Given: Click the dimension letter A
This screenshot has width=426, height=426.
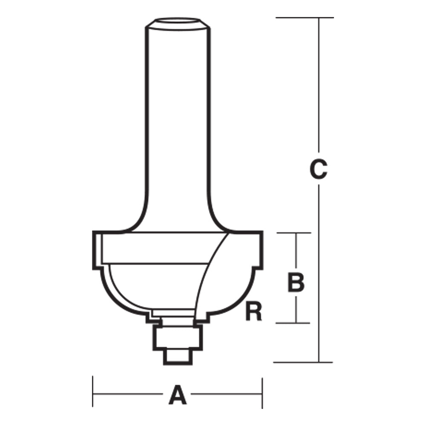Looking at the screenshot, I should [x=178, y=395].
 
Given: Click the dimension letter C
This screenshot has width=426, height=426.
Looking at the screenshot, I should [x=318, y=169].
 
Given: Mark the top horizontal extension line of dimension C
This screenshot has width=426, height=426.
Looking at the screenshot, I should [x=304, y=18].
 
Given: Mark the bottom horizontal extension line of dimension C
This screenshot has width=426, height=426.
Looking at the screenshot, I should [x=302, y=362].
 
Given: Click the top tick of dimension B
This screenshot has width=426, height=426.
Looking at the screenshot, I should [x=296, y=233].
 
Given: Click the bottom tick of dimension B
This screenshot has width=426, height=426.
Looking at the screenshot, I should [x=296, y=322].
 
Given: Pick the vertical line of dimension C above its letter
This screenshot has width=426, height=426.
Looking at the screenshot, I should [x=319, y=85].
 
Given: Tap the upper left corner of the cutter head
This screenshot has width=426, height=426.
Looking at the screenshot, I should [x=95, y=233].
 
